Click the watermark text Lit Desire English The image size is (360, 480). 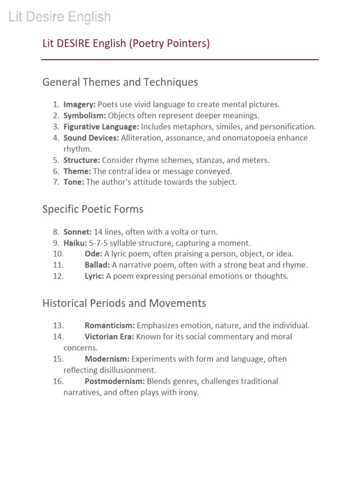pos(60,18)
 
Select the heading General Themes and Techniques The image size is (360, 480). pos(120,82)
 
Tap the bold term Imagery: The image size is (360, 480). pos(80,105)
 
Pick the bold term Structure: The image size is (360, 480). pos(82,160)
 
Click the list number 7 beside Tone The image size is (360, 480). pos(55,182)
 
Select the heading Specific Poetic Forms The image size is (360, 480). pos(93,210)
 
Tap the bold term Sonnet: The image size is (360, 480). pos(77,232)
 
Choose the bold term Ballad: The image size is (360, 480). pos(97,265)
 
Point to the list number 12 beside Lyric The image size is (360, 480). pos(58,277)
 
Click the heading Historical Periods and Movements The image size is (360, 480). pos(124,303)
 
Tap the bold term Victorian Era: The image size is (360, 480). pos(109,337)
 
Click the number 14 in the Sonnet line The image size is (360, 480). pos(98,232)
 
